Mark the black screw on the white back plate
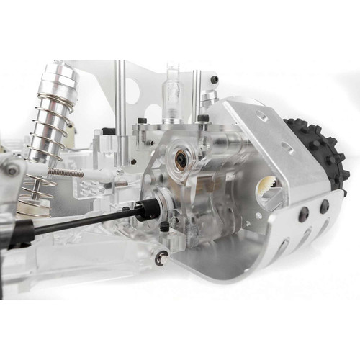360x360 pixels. pos(215,79)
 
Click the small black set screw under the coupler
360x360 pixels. pos(164,226)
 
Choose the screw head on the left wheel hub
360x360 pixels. pos(12,168)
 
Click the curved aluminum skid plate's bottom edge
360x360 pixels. pos(238,277)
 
